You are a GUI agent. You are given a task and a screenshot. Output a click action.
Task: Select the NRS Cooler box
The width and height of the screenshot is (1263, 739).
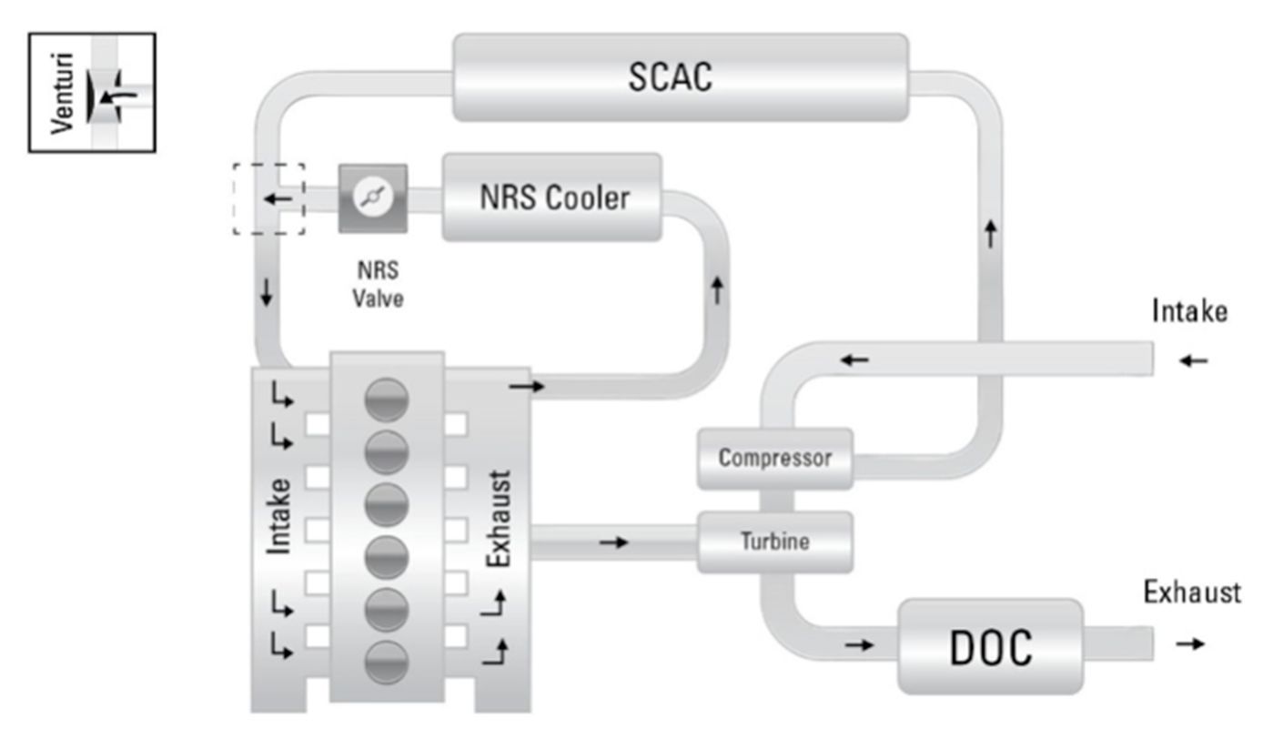click(552, 197)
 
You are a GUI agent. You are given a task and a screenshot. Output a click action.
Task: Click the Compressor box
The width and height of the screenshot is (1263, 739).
click(774, 458)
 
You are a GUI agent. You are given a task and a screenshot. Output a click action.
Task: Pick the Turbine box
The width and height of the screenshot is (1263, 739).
click(774, 542)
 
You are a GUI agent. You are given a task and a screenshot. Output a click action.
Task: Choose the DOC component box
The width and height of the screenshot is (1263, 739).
click(990, 646)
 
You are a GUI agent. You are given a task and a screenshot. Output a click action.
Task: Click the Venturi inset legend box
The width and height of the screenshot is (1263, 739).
click(92, 92)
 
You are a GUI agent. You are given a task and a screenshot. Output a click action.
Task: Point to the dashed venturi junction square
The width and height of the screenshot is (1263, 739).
click(268, 198)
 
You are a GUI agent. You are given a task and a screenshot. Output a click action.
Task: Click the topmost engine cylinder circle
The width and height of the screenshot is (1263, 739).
click(386, 400)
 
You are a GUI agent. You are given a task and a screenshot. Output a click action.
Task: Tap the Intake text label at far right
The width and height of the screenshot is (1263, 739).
click(1189, 312)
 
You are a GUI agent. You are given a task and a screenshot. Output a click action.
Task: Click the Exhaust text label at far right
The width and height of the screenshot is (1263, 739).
click(1192, 593)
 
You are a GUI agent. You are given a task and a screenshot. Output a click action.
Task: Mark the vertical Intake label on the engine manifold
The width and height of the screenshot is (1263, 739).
click(281, 515)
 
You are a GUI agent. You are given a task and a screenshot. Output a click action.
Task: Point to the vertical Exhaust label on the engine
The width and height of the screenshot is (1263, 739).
click(499, 519)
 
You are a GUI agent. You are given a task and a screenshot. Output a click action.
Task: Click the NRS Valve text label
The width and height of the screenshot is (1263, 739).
click(378, 285)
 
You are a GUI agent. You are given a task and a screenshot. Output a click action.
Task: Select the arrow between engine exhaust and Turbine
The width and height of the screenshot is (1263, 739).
click(614, 542)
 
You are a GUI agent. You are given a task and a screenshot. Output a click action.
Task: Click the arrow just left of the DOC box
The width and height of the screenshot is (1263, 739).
click(858, 645)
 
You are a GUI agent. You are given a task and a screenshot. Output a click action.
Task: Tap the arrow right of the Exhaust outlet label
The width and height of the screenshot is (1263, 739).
click(1190, 644)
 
